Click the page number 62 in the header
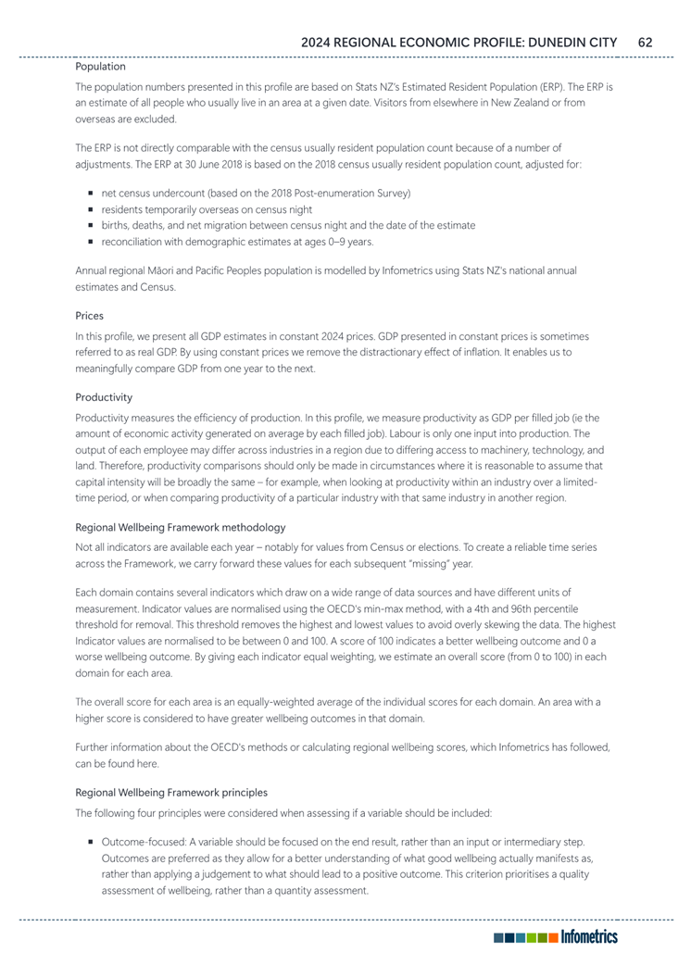[x=647, y=42]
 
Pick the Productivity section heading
[x=104, y=396]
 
